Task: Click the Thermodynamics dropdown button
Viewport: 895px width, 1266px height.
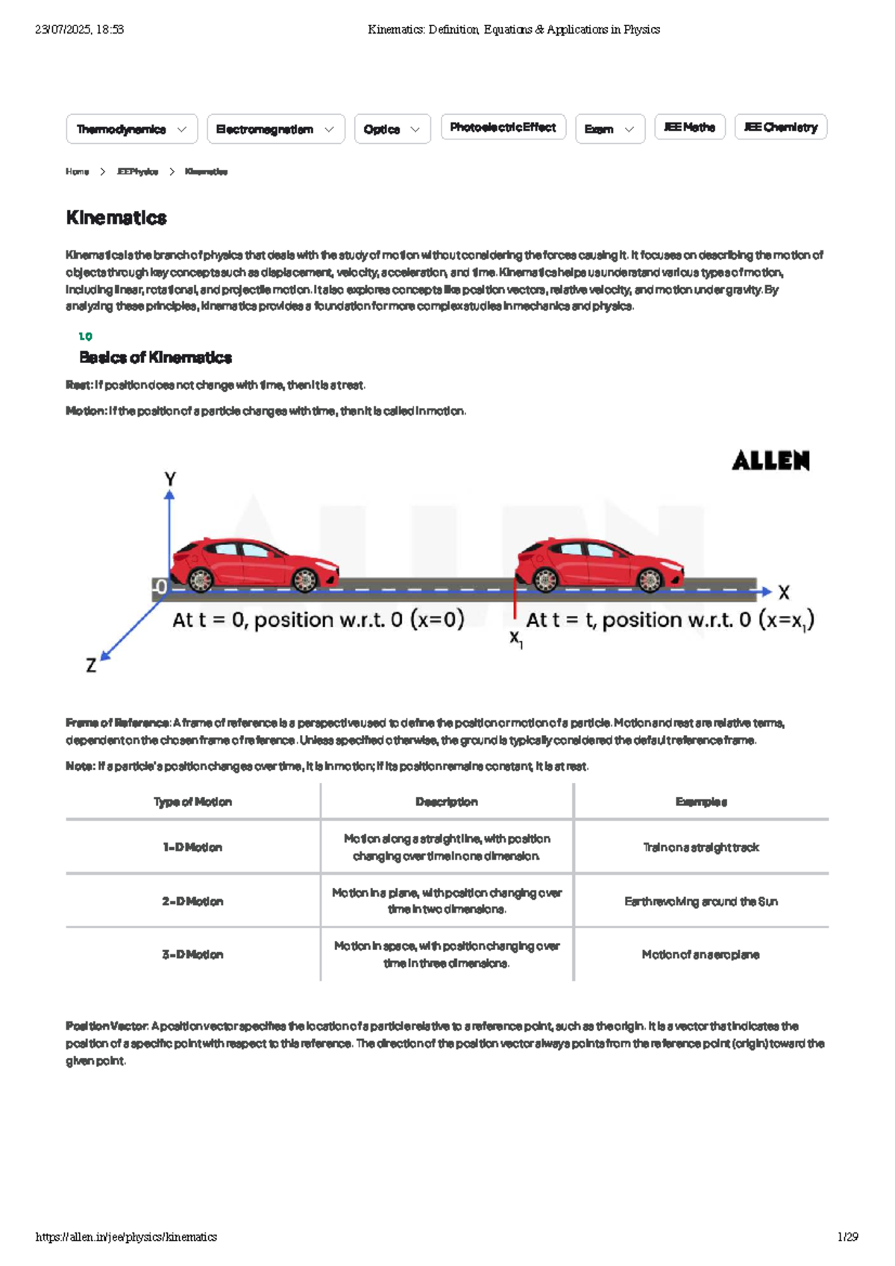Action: point(131,129)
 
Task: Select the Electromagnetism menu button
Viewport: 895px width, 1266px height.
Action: point(275,129)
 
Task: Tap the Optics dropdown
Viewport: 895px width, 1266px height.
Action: point(392,129)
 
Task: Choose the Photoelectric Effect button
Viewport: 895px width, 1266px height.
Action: point(503,127)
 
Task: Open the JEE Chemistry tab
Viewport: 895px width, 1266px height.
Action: point(780,127)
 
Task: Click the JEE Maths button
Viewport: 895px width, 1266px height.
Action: point(689,127)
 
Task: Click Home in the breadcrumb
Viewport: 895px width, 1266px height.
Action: point(77,171)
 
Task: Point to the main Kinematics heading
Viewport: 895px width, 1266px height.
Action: point(116,218)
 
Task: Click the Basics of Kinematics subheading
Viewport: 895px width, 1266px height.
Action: point(155,358)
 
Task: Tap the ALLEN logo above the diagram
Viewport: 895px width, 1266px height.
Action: point(770,461)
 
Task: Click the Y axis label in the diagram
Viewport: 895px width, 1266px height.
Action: point(170,479)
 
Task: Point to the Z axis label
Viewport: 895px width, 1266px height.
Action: point(91,665)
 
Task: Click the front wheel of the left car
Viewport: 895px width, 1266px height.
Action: point(305,579)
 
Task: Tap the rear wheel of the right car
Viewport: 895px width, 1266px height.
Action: point(545,579)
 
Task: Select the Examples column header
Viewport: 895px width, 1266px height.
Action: point(701,802)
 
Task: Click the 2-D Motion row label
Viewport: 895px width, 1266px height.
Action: point(192,901)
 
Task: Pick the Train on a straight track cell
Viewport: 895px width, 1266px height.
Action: point(701,848)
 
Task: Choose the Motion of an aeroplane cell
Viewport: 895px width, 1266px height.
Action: point(701,955)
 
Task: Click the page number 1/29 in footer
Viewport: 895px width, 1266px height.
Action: point(847,1237)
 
